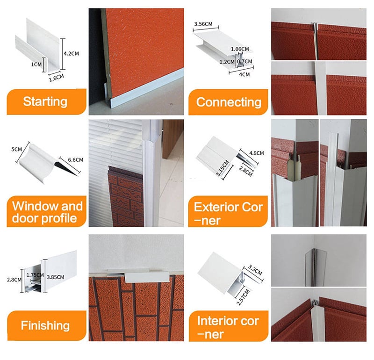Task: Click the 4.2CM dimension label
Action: (71, 53)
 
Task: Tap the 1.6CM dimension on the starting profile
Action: (57, 78)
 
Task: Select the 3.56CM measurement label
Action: (203, 24)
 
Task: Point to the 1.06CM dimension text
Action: (240, 49)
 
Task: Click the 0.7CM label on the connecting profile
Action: (245, 61)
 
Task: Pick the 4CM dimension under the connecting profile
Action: (244, 74)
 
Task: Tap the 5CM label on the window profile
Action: (17, 149)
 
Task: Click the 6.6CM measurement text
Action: (76, 159)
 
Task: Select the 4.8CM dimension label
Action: (256, 153)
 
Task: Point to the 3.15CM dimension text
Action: (223, 168)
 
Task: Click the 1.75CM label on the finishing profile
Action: (35, 275)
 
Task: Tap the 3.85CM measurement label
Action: (55, 277)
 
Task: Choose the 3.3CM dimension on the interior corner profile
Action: (255, 270)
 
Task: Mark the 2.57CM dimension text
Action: (243, 297)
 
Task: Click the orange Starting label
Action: (45, 101)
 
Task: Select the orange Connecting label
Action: (229, 102)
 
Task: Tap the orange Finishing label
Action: (45, 325)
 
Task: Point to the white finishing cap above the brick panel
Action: (147, 277)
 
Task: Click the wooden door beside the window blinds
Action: (173, 138)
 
